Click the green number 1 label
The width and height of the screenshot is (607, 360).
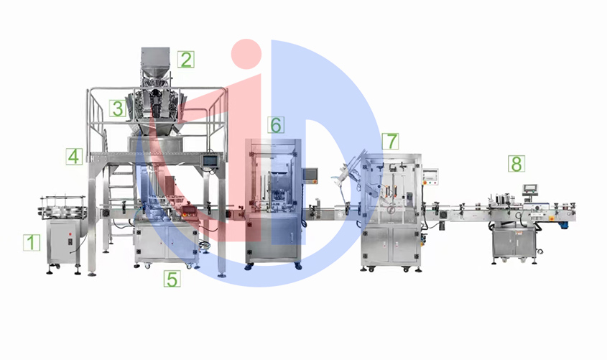point(32,242)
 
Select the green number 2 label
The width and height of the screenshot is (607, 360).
point(186,60)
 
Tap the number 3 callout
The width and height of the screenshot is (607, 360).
point(118,109)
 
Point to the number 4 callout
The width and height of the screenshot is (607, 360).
point(74,157)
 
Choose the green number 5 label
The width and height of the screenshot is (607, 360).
point(172,279)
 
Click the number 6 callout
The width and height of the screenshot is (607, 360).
point(276,125)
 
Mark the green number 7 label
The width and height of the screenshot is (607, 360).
point(391,142)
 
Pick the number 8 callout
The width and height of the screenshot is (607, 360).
point(516,164)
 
